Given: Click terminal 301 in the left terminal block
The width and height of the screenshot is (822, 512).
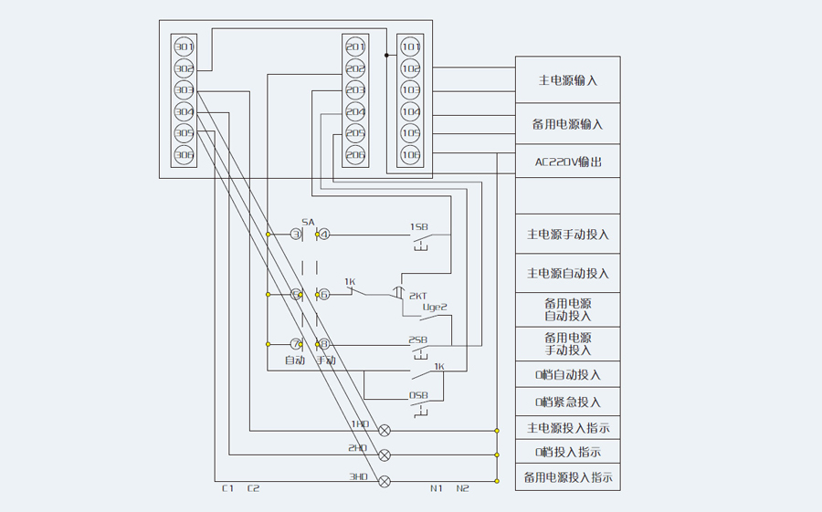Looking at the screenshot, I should (184, 47).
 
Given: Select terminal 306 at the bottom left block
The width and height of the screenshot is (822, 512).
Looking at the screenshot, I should (184, 155).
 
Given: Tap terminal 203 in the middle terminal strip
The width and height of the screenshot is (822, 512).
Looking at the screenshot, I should (355, 90).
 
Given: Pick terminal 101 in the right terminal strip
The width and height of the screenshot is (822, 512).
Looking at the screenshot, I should (411, 47).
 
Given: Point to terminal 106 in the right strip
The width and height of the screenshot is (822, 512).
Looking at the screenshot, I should (411, 155).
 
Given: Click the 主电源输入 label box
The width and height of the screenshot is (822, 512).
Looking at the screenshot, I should (567, 79).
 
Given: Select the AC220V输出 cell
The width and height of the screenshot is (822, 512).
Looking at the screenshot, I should (567, 162).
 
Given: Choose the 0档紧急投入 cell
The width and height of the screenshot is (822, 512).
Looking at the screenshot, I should (567, 402).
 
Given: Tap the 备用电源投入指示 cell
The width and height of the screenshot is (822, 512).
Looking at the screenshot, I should (567, 476).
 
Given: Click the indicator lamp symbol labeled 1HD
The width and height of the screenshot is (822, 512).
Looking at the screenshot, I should (385, 429).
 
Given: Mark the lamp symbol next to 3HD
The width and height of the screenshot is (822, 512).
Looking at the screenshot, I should (385, 480).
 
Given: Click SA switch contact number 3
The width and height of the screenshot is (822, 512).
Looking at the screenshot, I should (296, 235).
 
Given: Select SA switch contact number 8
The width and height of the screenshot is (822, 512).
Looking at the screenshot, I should (322, 344).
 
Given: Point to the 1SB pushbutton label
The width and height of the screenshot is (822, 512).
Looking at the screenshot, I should (418, 225).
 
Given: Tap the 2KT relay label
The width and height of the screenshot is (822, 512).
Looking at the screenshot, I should (417, 296).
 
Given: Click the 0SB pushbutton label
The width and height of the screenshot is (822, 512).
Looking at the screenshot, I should (418, 395).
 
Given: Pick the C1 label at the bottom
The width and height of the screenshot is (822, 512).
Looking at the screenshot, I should (228, 488).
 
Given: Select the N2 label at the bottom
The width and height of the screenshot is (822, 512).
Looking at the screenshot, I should (462, 488).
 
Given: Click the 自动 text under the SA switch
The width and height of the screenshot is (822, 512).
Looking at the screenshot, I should (294, 360).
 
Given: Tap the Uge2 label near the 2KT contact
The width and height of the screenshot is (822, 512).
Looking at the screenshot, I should (434, 307).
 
